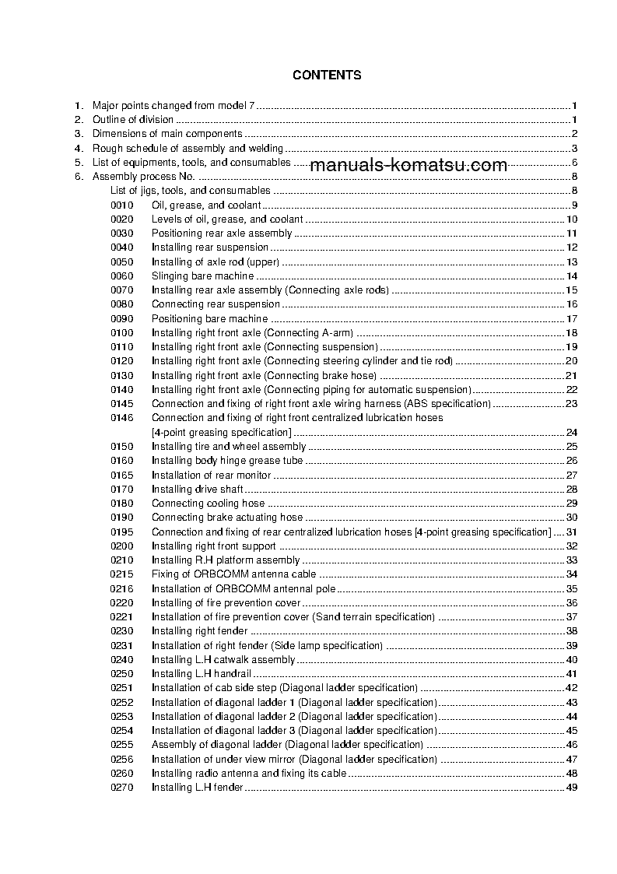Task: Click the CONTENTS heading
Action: pyautogui.click(x=327, y=75)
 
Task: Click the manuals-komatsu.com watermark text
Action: pyautogui.click(x=408, y=165)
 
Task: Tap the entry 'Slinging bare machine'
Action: pyautogui.click(x=202, y=276)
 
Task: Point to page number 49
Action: pyautogui.click(x=571, y=788)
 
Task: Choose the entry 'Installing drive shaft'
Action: pyautogui.click(x=197, y=489)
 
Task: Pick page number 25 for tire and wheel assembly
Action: pyautogui.click(x=571, y=447)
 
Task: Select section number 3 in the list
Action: pyautogui.click(x=78, y=134)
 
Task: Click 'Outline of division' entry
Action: pyautogui.click(x=133, y=120)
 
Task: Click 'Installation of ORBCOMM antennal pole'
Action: pyautogui.click(x=243, y=588)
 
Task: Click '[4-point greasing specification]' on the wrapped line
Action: pyautogui.click(x=221, y=433)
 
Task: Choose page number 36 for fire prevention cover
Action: pyautogui.click(x=571, y=603)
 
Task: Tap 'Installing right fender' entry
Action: pyautogui.click(x=198, y=631)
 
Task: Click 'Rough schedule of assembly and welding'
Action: pyautogui.click(x=188, y=148)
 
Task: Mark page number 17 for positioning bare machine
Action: pyautogui.click(x=571, y=318)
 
